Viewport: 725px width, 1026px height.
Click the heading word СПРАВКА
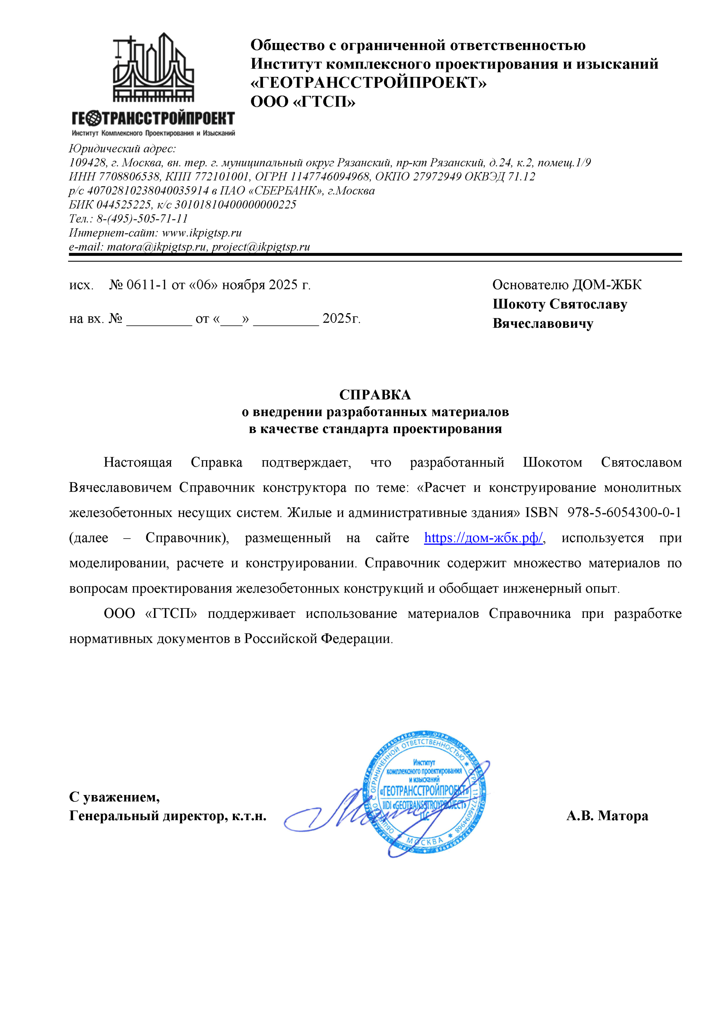click(375, 395)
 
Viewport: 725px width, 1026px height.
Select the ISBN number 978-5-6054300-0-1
click(624, 513)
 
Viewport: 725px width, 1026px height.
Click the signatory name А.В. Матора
click(607, 816)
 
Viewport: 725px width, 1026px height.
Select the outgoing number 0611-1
click(147, 285)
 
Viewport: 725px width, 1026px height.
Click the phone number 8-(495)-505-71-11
click(142, 218)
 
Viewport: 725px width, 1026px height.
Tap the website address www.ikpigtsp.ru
click(202, 233)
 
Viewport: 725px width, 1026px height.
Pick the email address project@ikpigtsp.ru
click(261, 247)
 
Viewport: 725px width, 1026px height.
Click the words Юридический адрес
click(122, 149)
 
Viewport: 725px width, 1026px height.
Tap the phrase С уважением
click(114, 797)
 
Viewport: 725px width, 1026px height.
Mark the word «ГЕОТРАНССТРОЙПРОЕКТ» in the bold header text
click(368, 83)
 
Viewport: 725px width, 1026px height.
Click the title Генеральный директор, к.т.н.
click(168, 816)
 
